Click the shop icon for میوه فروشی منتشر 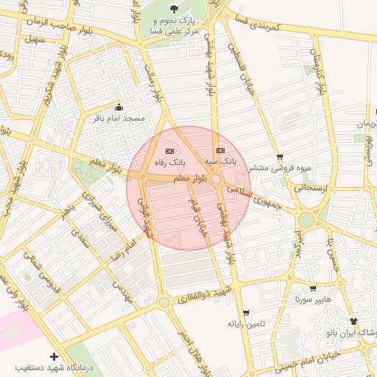[x=280, y=157]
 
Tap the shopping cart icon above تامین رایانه [x=245, y=313]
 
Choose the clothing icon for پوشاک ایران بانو [x=353, y=322]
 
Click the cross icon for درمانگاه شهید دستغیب [x=53, y=357]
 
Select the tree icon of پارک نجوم [x=173, y=9]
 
